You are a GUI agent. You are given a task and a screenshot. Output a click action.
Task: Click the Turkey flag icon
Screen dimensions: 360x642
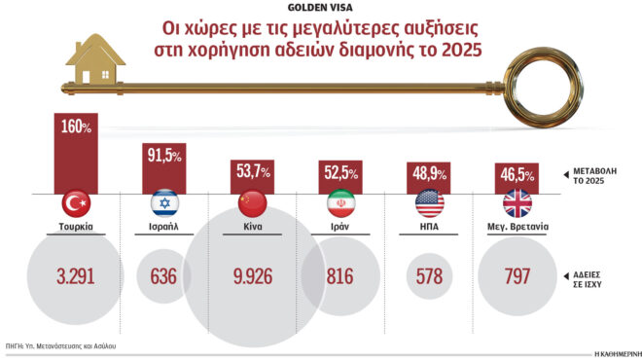point(77,203)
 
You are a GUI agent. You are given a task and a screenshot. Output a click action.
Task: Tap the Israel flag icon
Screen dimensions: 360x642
point(165,203)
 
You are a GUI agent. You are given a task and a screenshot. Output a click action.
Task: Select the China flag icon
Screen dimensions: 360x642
point(253,203)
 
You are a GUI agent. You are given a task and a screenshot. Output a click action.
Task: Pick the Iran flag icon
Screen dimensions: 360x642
point(341,203)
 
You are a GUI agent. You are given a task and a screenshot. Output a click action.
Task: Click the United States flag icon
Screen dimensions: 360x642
point(429,203)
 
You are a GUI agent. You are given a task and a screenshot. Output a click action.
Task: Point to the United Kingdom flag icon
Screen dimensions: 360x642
point(516,203)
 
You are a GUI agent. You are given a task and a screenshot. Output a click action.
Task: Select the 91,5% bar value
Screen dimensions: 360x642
point(164,156)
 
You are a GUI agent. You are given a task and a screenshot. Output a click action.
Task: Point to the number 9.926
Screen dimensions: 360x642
point(252,275)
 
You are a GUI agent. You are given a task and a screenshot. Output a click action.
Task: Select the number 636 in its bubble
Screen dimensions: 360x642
point(164,275)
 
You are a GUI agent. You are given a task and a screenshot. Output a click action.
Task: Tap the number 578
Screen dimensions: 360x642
point(428,275)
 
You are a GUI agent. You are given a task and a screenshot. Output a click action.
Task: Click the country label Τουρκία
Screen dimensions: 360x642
point(77,230)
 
